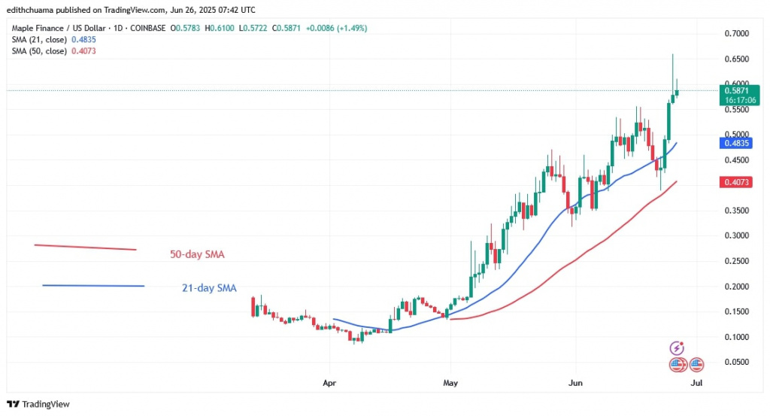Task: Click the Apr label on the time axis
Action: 328,382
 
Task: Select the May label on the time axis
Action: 450,382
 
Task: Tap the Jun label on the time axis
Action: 574,382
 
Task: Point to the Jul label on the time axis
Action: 696,382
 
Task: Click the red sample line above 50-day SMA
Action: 85,247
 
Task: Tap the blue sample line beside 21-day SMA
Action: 93,286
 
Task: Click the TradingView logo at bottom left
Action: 38,404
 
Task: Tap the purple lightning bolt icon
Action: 677,348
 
